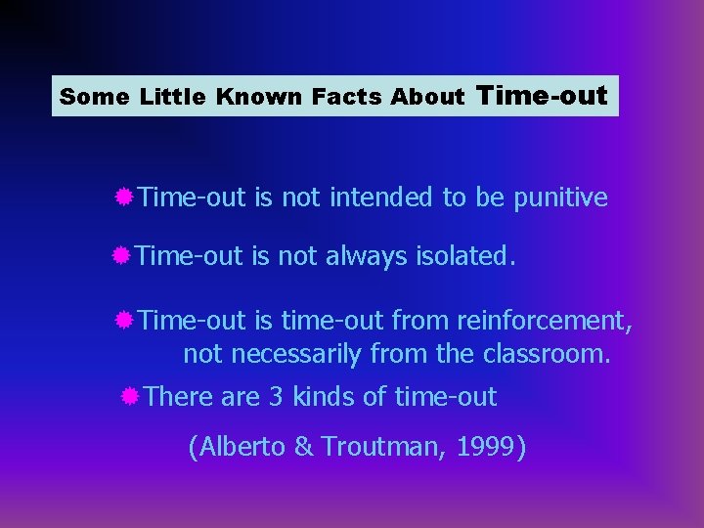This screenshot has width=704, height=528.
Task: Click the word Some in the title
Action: (x=94, y=97)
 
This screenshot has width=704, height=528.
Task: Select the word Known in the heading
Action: (x=259, y=97)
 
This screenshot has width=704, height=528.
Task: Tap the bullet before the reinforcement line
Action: (x=123, y=320)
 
